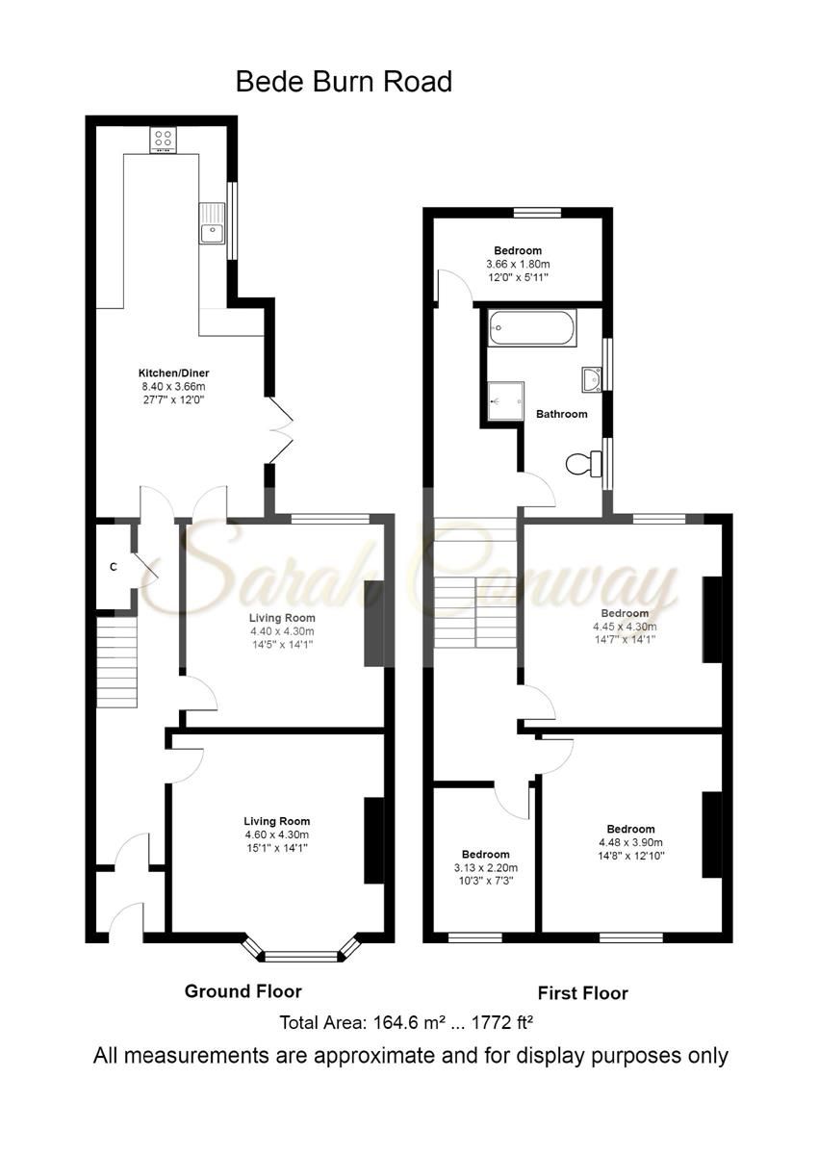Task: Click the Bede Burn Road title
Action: (344, 83)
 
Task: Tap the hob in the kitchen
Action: (162, 141)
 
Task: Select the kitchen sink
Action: (211, 223)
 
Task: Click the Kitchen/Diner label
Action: (173, 372)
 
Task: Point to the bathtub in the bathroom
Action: (532, 329)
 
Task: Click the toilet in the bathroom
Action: (580, 465)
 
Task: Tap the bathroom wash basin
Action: (591, 379)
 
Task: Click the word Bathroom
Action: (561, 415)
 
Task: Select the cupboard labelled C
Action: (113, 567)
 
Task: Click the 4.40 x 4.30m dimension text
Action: (282, 632)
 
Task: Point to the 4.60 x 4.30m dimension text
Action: (275, 834)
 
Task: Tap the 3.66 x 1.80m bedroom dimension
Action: (518, 265)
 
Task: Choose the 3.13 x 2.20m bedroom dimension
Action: (485, 867)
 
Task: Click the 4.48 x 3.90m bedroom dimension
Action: (630, 842)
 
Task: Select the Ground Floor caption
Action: (243, 991)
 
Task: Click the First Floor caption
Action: (581, 993)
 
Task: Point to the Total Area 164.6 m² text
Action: (406, 1022)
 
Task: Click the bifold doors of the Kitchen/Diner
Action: (280, 431)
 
